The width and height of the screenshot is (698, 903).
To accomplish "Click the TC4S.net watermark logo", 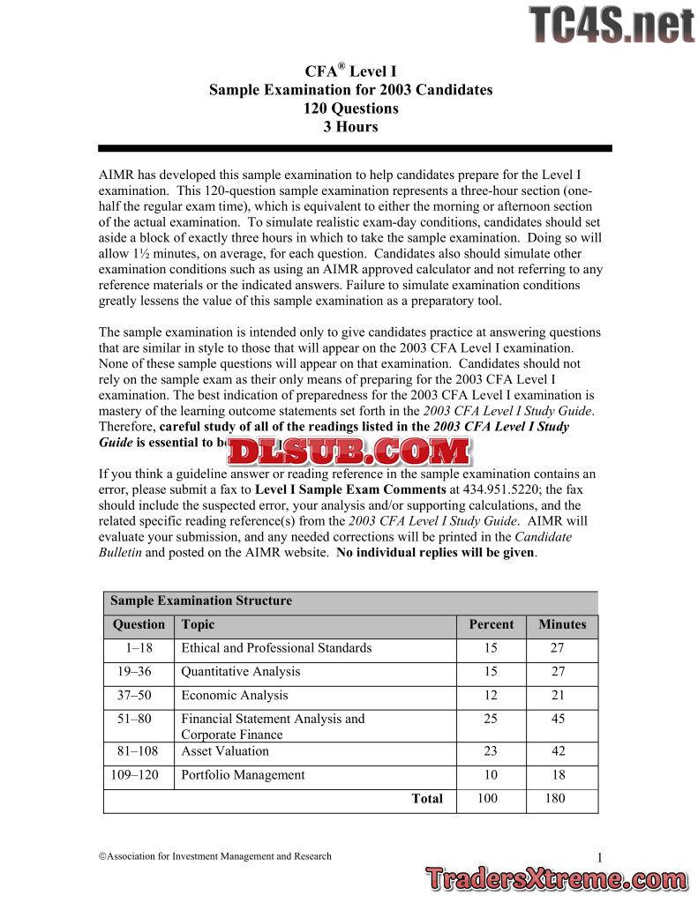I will click(x=612, y=24).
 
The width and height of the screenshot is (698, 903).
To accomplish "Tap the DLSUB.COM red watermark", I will click(x=349, y=451).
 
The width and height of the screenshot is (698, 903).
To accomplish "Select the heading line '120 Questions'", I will click(x=350, y=108).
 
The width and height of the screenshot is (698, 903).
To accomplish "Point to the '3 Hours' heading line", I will click(x=350, y=126).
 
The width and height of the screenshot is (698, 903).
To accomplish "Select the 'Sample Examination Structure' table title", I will click(x=201, y=601).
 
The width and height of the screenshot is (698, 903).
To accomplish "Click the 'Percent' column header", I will click(x=491, y=624).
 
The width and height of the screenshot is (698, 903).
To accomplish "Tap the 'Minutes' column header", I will click(x=562, y=624).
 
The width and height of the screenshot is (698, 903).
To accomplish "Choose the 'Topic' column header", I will click(x=198, y=624).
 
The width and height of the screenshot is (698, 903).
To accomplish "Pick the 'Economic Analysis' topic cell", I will click(x=234, y=695).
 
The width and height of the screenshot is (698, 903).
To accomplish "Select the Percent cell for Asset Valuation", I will click(x=491, y=751).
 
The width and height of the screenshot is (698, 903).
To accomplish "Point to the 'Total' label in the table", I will click(x=427, y=798).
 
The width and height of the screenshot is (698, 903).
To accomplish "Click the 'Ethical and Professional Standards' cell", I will click(x=276, y=648).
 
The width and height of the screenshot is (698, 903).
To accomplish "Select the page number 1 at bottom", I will click(x=599, y=858).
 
